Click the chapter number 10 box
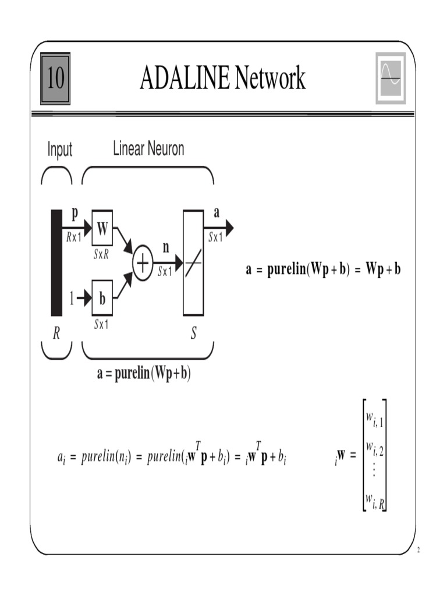[x=55, y=79]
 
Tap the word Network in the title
[x=270, y=79]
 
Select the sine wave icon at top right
[x=391, y=79]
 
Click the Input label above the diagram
[x=60, y=150]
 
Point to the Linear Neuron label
[x=148, y=149]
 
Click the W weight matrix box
[x=102, y=229]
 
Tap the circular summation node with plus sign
[x=143, y=263]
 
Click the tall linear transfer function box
[x=193, y=263]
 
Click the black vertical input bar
[x=56, y=262]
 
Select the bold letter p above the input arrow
[x=74, y=214]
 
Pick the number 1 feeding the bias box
[x=72, y=299]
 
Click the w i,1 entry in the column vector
[x=374, y=418]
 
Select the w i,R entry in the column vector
[x=374, y=499]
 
